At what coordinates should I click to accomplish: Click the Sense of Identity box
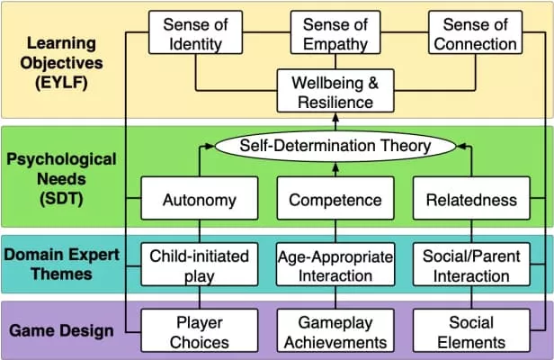coord(197,34)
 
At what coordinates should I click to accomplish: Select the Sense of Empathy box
coord(335,34)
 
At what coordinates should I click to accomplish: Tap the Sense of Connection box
coord(473,34)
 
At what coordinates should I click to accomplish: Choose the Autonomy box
coord(197,200)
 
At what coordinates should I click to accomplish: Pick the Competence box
coord(335,200)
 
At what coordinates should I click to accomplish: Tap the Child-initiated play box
coord(197,266)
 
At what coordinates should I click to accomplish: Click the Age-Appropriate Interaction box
coord(335,266)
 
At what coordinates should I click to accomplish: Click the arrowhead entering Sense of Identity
coord(144,34)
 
